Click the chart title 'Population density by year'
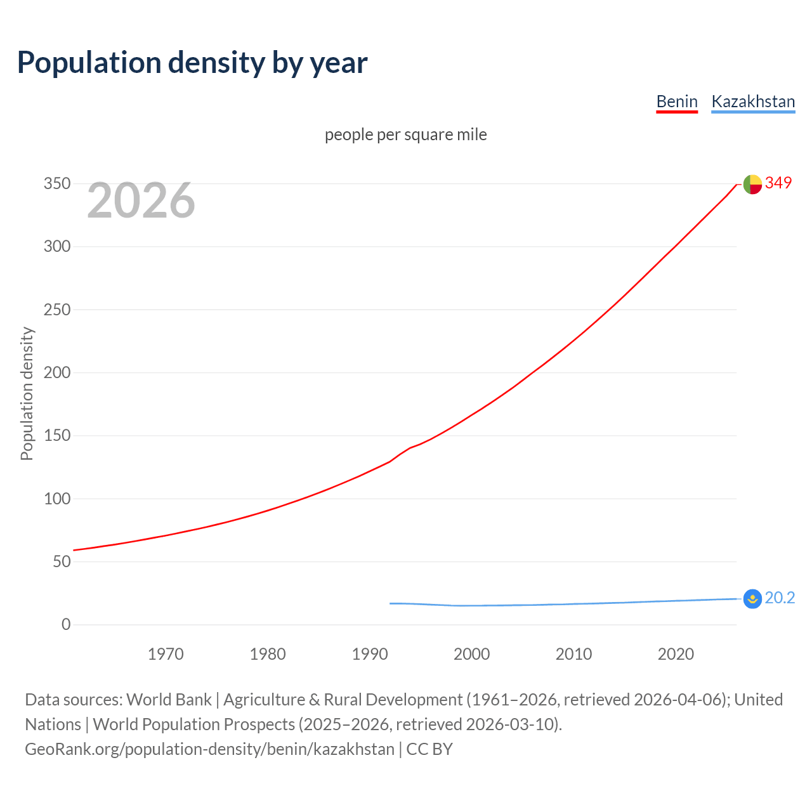(x=192, y=63)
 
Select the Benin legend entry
(x=677, y=101)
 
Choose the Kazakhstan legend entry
(x=753, y=101)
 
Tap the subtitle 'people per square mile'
(x=406, y=135)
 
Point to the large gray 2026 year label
(x=141, y=200)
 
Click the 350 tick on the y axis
(x=56, y=184)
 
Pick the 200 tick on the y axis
(x=56, y=372)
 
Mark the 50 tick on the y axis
(x=61, y=561)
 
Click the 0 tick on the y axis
(x=66, y=624)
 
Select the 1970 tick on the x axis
(x=166, y=654)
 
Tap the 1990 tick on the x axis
(x=370, y=654)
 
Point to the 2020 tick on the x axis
(x=676, y=654)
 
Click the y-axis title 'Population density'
(x=27, y=393)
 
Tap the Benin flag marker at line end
(x=752, y=184)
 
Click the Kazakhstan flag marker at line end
(x=752, y=599)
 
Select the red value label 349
(x=778, y=183)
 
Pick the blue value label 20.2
(x=780, y=598)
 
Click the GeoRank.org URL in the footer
(x=209, y=749)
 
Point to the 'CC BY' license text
(x=429, y=749)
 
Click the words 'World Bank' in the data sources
(x=169, y=700)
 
